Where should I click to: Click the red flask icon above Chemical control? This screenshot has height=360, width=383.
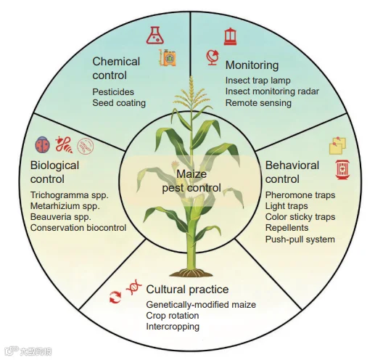pos(155,36)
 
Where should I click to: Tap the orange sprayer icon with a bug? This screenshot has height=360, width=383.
pos(168,57)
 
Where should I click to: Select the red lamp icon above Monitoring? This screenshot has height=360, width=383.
pos(230,36)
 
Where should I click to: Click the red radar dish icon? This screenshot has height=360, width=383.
pos(213,57)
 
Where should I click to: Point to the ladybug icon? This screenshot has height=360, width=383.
pos(43,145)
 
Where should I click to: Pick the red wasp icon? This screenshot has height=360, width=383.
pos(64,145)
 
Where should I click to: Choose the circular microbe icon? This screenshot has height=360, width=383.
pos(86,146)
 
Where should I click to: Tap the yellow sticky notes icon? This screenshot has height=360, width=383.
pos(337,146)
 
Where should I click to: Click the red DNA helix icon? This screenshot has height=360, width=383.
pos(134,287)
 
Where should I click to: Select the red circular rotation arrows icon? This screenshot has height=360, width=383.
pos(115,297)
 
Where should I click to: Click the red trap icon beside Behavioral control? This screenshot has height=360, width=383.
pos(342,170)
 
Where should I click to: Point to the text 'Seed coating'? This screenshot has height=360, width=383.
pos(119,103)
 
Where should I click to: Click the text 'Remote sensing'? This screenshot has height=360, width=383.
pos(258,103)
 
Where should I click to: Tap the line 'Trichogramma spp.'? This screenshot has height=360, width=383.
pos(70,195)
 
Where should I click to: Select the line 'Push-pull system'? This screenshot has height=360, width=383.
pos(300,240)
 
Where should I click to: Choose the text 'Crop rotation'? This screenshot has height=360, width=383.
pos(173,316)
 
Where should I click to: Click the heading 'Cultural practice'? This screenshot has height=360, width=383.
pos(187,290)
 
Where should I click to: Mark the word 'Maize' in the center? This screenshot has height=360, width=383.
pos(191,174)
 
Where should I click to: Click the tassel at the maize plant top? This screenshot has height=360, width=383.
pos(191,93)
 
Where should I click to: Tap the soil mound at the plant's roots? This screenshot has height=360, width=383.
pos(191,273)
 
